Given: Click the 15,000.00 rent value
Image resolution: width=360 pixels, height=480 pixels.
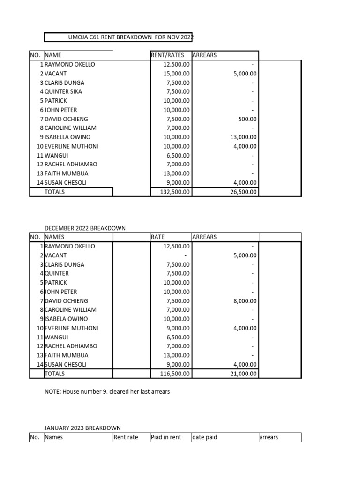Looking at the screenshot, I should click(x=177, y=74).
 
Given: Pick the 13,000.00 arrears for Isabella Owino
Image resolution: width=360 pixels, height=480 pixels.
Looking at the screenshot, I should click(x=242, y=137).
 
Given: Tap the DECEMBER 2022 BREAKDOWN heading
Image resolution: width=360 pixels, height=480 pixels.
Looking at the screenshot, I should click(x=85, y=228).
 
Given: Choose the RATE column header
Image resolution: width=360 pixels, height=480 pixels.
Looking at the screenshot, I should click(x=158, y=237).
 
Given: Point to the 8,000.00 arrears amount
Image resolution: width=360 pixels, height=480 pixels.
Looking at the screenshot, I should click(x=245, y=301).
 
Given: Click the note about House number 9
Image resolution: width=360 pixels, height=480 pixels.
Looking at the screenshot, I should click(x=107, y=391).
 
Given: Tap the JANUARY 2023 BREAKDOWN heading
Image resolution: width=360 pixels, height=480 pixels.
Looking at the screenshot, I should click(x=82, y=428).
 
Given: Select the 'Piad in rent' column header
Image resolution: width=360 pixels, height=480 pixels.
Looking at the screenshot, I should click(x=166, y=437).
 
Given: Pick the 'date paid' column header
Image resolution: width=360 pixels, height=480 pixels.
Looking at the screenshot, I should click(x=205, y=437).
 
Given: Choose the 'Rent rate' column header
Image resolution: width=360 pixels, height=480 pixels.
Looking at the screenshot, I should click(x=126, y=437).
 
